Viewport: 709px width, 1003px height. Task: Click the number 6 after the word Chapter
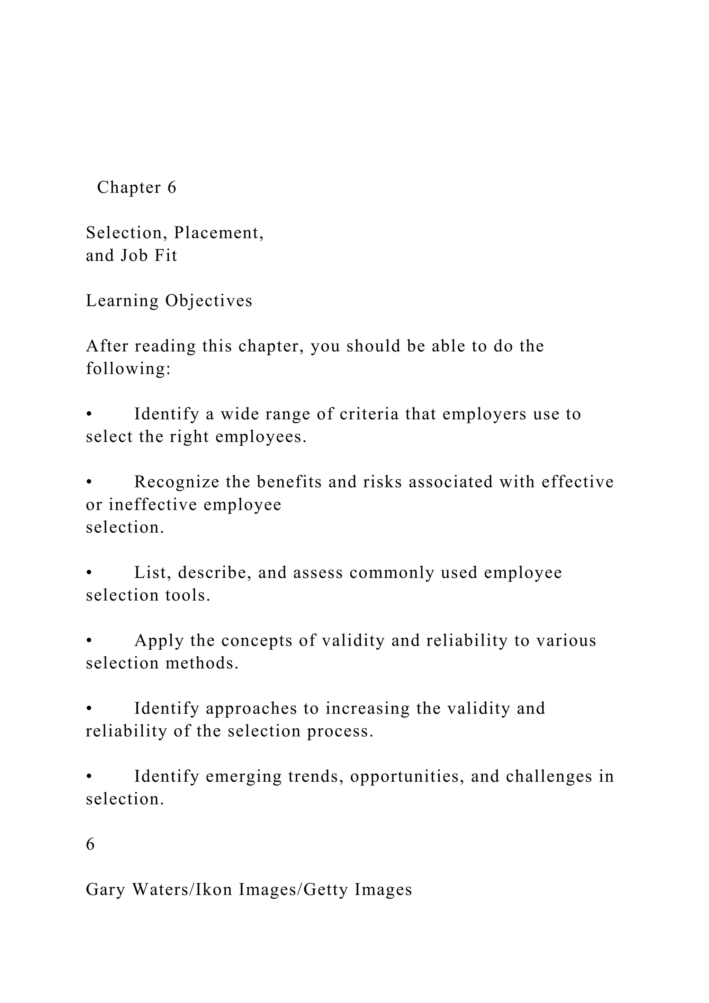pos(172,187)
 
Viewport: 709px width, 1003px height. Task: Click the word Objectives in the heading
pos(209,301)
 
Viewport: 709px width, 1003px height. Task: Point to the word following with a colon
pos(128,369)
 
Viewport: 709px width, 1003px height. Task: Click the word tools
pos(194,595)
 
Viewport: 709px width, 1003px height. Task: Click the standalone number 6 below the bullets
pos(90,844)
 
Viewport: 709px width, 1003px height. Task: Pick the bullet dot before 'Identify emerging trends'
pos(89,777)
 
